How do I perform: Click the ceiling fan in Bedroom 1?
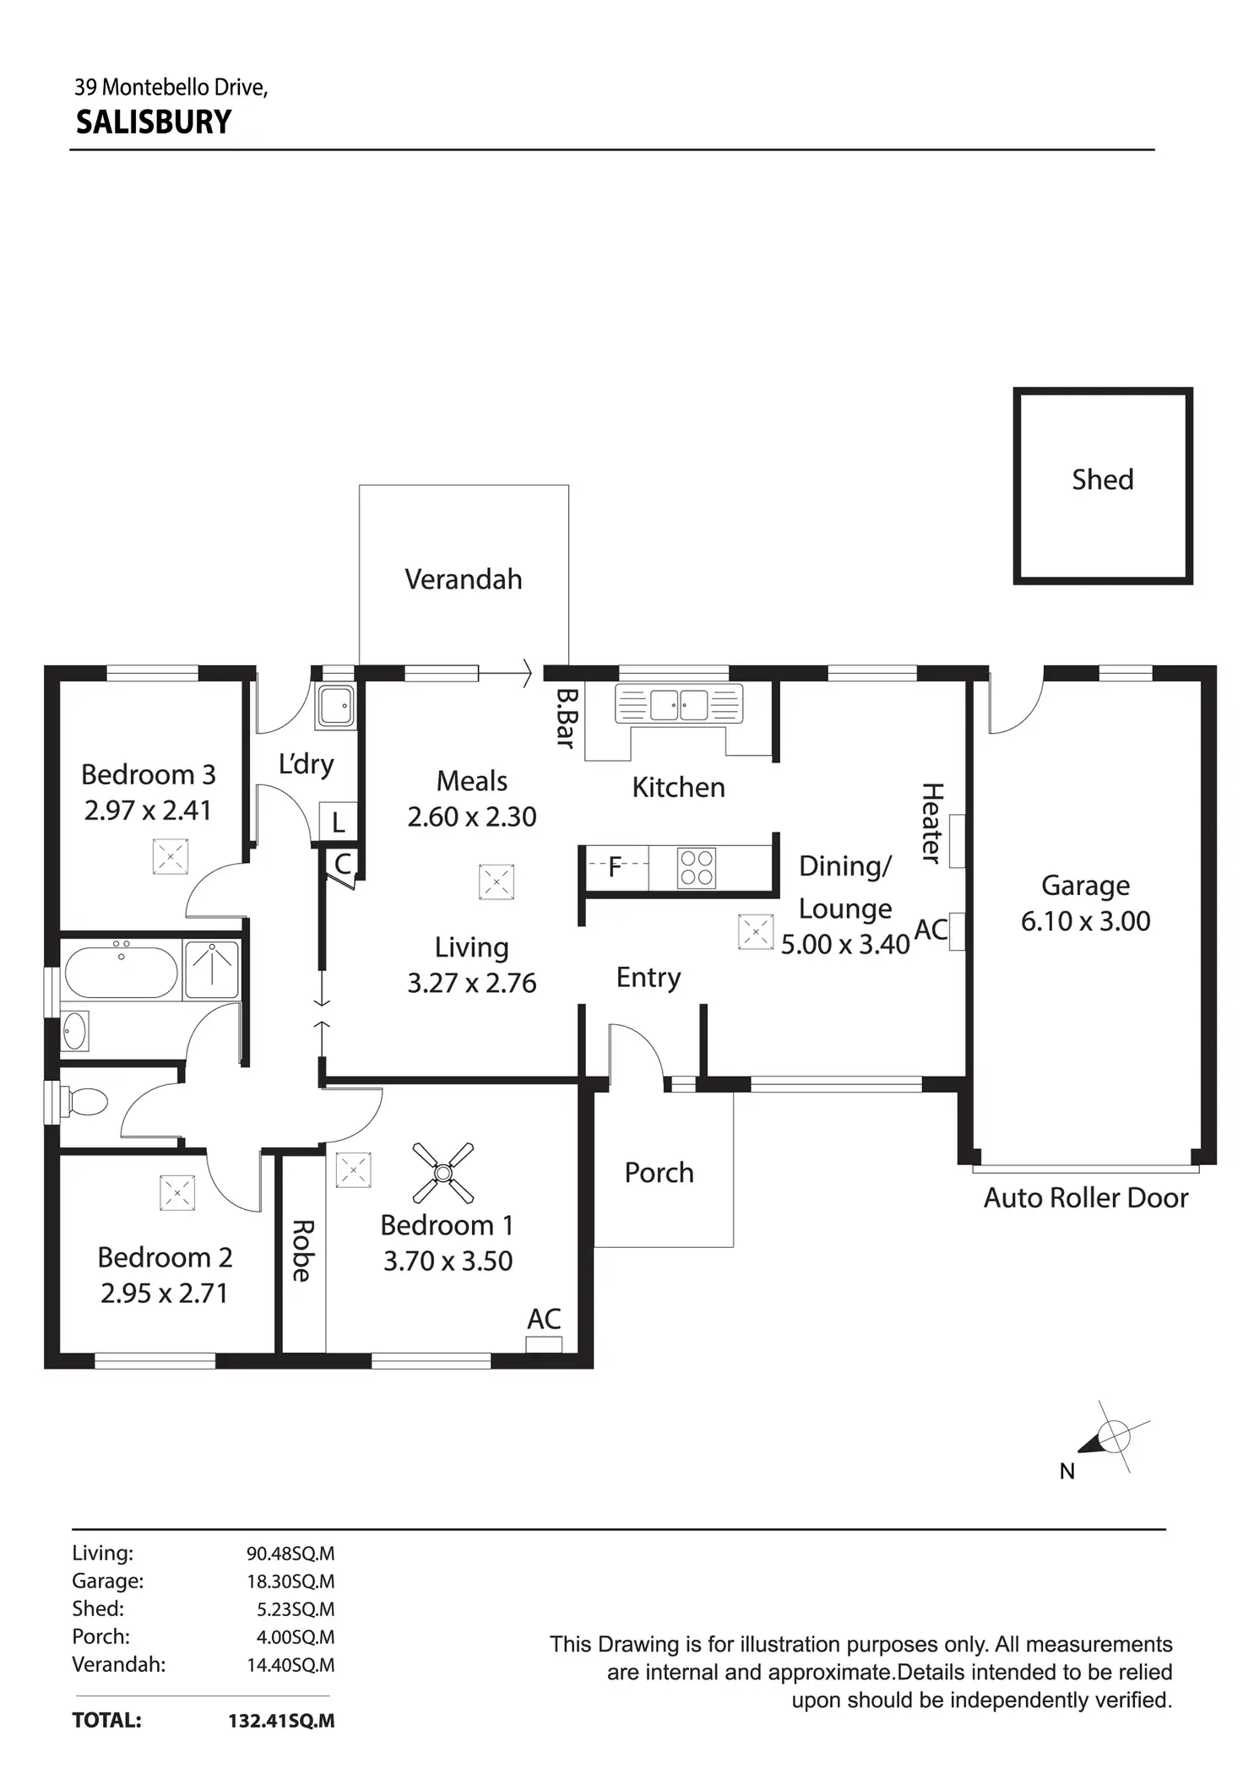(x=443, y=1172)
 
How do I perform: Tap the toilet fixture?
(x=87, y=1101)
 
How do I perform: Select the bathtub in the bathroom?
(x=122, y=972)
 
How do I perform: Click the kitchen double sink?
(x=679, y=704)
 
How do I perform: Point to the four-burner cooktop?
(x=697, y=867)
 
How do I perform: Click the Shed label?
(x=1102, y=480)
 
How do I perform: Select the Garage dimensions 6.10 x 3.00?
(x=1085, y=920)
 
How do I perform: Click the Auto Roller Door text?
(x=1085, y=1197)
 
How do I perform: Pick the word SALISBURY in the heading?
(x=154, y=122)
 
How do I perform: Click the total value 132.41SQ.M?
(x=281, y=1720)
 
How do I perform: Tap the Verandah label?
(x=464, y=579)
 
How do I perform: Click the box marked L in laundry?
(x=339, y=822)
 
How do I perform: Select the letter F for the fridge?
(x=615, y=866)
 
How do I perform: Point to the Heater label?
(x=931, y=822)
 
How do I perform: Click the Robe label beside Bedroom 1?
(x=302, y=1250)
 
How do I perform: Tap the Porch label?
(x=659, y=1172)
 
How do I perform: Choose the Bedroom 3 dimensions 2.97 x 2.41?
(x=148, y=811)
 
